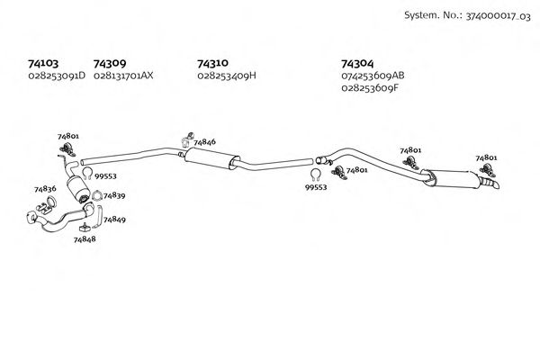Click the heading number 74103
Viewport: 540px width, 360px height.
click(x=43, y=64)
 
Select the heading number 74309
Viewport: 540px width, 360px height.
click(x=110, y=64)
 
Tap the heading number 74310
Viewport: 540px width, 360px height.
click(x=212, y=64)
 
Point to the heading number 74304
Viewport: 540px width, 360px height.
click(x=357, y=64)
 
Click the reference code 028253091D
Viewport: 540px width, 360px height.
click(x=57, y=76)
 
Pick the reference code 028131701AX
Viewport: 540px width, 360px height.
click(x=123, y=76)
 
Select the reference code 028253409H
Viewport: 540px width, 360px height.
click(x=227, y=76)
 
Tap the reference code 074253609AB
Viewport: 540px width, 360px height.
click(x=373, y=76)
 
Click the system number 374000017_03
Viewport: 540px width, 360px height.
click(x=491, y=15)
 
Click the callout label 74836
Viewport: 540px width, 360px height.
click(x=45, y=189)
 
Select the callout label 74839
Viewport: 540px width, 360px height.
click(x=114, y=195)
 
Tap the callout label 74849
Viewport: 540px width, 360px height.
click(x=114, y=220)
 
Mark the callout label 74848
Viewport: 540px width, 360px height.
click(x=85, y=241)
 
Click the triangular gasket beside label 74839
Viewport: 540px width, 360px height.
click(x=96, y=194)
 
